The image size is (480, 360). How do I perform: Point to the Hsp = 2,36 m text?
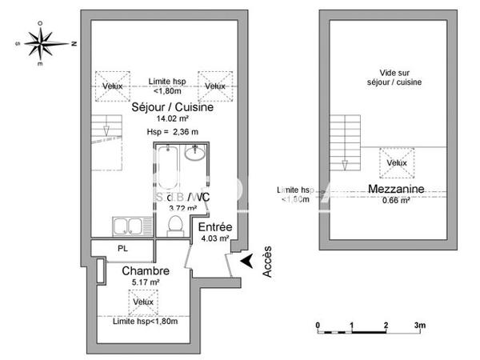172,132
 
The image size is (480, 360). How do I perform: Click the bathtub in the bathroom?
166,171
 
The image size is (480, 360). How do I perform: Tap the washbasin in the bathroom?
195,153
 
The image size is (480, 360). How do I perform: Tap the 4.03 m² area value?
214,238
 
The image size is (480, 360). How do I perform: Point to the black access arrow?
249,260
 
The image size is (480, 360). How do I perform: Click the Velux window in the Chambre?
143,302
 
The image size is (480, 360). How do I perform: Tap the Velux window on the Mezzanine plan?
396,162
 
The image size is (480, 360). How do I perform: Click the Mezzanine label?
396,189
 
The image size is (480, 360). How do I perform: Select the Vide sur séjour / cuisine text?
394,77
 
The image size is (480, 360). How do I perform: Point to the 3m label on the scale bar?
419,325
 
